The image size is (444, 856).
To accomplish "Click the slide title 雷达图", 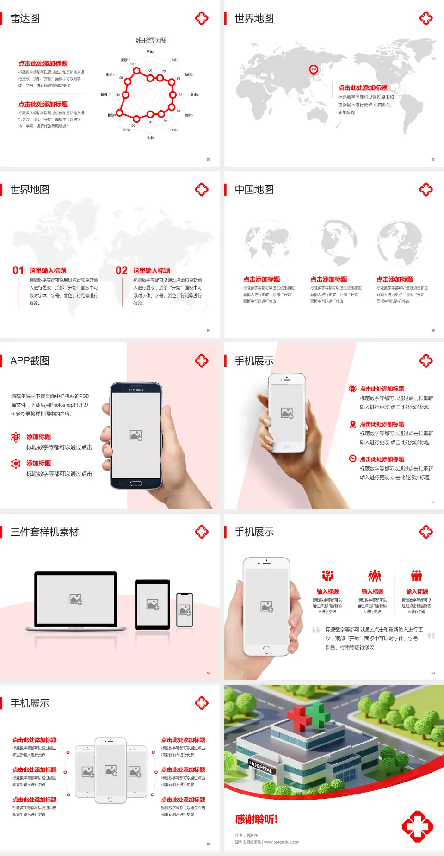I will tap(25, 19).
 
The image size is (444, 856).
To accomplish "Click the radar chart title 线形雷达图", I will tap(151, 41).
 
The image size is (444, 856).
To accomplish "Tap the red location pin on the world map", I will tap(314, 70).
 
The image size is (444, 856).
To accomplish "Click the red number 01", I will tap(18, 271).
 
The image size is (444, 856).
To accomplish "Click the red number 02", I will tap(122, 271).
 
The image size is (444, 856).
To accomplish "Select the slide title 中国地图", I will tap(254, 190).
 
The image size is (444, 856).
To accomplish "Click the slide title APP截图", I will tap(30, 361).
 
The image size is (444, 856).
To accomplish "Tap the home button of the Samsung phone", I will tap(136, 484).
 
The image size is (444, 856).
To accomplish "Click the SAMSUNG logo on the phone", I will tap(136, 390).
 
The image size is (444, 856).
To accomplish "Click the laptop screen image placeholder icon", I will tap(76, 599).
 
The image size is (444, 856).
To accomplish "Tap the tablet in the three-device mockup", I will tap(153, 604).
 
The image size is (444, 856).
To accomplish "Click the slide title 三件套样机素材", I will tap(44, 532).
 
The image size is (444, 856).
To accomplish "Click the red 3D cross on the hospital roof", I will tap(300, 718).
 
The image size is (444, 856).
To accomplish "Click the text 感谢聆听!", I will tap(256, 819).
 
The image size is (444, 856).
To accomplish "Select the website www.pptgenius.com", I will tap(282, 842).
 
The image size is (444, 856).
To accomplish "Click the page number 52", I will tap(209, 159).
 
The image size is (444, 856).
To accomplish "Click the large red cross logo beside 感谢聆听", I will tap(417, 826).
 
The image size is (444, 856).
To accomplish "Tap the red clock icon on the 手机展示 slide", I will tap(352, 459).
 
